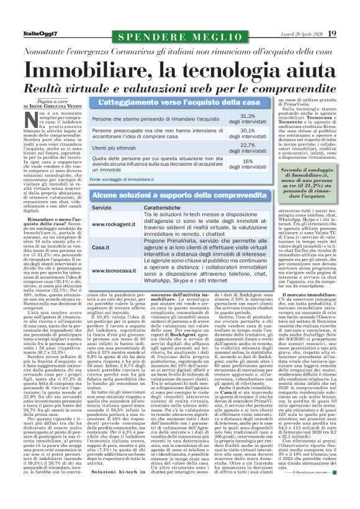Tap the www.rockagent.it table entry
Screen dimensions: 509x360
[x=113, y=223]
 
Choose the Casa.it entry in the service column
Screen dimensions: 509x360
[x=101, y=247]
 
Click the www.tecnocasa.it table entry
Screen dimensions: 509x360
[x=113, y=271]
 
